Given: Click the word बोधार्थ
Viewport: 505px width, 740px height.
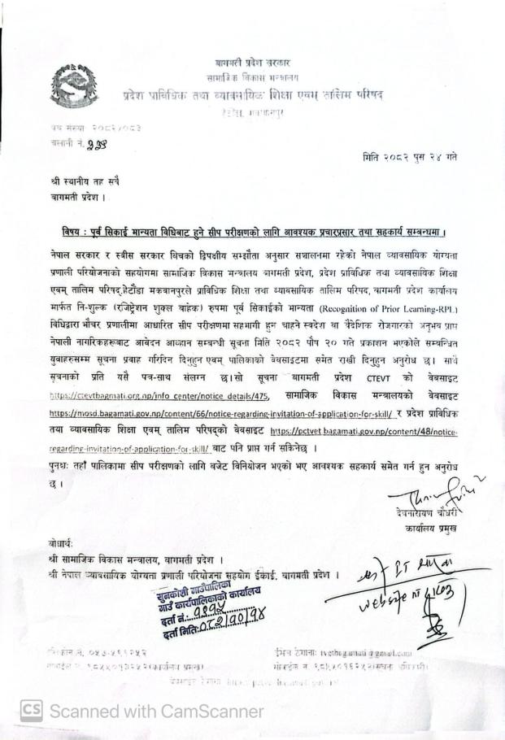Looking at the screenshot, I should point(58,542).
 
